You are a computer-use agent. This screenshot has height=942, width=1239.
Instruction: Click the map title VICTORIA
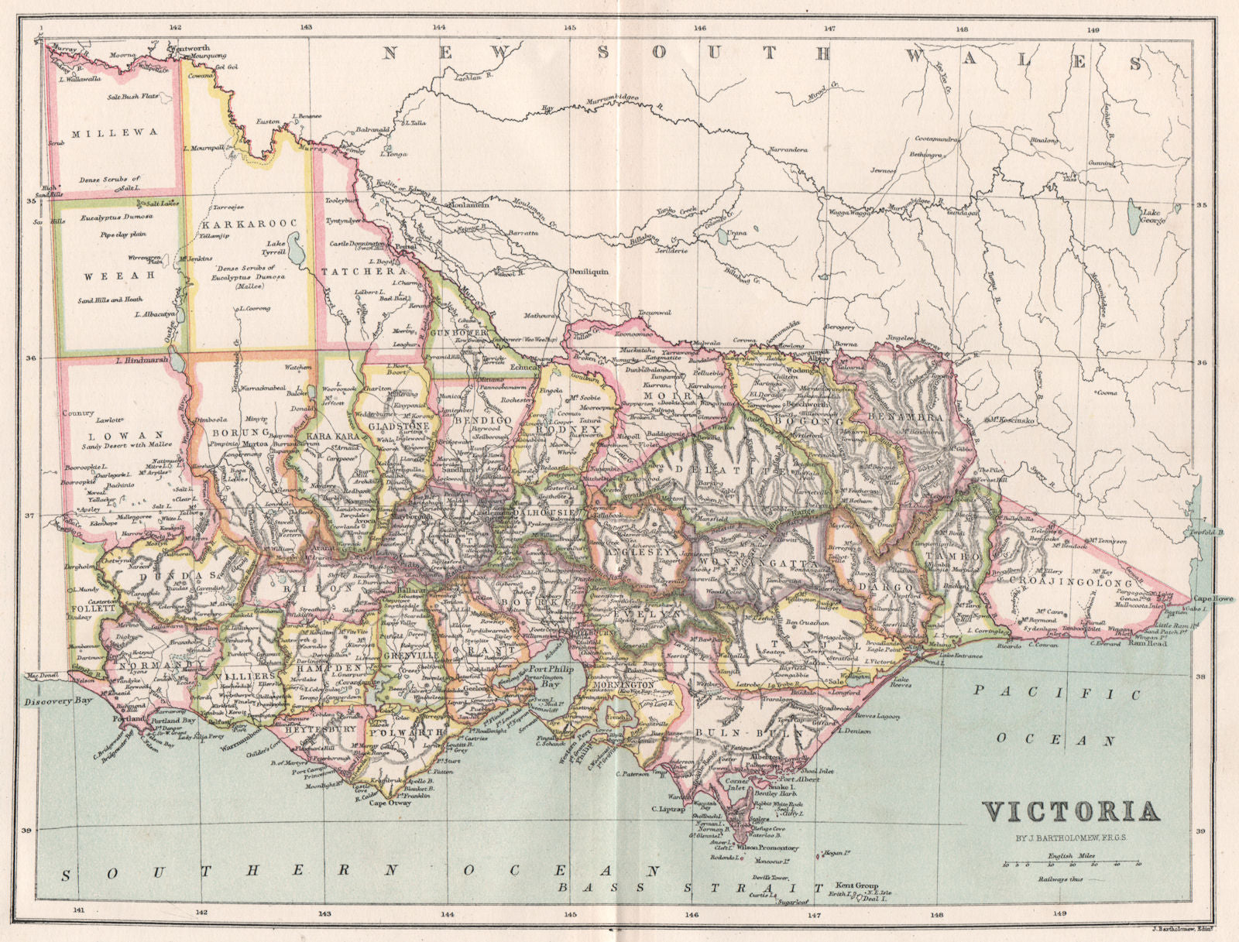tap(1071, 811)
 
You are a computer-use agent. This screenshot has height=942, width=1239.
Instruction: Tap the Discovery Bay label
tap(47, 703)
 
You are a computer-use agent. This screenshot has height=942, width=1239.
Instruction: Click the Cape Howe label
tap(1213, 598)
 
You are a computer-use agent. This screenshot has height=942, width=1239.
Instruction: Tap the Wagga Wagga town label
tap(848, 211)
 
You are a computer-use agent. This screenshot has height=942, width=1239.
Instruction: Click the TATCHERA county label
tap(363, 272)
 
